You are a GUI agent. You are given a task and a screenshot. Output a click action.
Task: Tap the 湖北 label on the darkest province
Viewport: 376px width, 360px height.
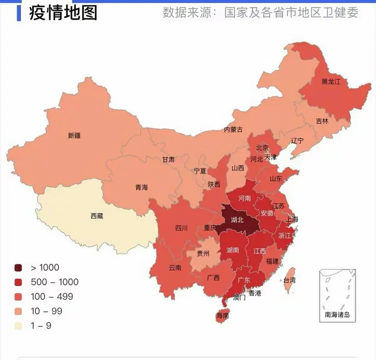[237, 220]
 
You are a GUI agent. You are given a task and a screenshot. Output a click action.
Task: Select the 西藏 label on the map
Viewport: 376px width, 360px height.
[97, 216]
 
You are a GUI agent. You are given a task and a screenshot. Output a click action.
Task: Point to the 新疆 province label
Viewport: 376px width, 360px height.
[74, 135]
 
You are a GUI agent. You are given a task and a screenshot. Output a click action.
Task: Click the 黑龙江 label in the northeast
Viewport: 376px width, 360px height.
[331, 81]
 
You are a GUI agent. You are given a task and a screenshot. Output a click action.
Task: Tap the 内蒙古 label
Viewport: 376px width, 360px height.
[233, 130]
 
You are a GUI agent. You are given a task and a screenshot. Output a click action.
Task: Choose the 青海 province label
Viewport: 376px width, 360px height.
[141, 188]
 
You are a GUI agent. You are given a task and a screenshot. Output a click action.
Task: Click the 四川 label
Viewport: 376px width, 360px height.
[181, 228]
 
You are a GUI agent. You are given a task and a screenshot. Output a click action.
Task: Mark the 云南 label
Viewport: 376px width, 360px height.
[175, 267]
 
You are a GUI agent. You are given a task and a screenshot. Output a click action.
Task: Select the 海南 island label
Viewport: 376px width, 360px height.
[223, 316]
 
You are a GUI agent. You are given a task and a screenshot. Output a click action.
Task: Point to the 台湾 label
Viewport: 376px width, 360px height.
[290, 280]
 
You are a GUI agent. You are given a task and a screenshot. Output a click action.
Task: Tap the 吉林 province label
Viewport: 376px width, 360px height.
[322, 121]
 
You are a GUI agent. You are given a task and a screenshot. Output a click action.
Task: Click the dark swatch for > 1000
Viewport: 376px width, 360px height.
[19, 268]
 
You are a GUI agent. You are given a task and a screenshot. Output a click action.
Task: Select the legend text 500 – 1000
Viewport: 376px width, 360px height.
[55, 282]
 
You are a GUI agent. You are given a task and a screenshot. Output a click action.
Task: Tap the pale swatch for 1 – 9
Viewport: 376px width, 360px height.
[19, 326]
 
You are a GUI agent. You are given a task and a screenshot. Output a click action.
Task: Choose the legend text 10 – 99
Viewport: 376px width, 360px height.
[47, 311]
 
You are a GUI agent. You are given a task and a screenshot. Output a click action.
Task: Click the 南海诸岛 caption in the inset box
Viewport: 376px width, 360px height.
[338, 315]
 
